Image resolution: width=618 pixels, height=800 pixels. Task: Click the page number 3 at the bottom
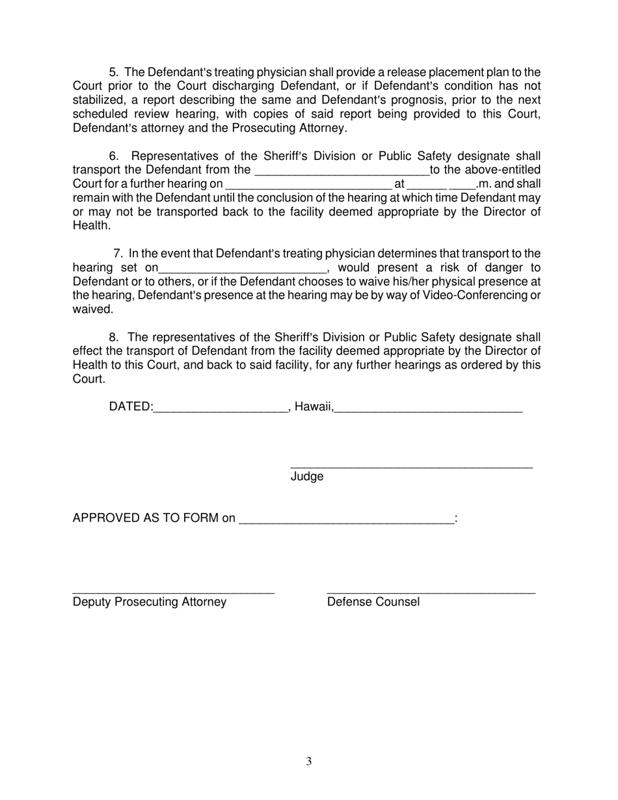pos(308,762)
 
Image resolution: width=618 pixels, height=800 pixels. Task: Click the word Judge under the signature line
pos(306,477)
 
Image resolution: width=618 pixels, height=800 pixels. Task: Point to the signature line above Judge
pos(411,466)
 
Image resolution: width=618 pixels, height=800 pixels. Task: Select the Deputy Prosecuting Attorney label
pos(150,602)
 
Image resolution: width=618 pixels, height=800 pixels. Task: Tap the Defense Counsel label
pos(373,602)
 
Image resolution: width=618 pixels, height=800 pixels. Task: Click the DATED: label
pos(131,407)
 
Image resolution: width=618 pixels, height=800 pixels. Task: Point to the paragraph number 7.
pos(118,254)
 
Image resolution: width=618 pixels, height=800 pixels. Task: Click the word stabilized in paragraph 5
pos(99,100)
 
